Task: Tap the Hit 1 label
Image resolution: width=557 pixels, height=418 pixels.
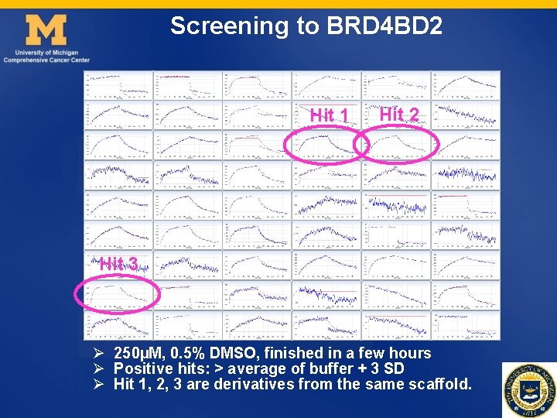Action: [330, 116]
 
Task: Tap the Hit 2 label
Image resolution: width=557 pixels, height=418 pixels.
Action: [399, 115]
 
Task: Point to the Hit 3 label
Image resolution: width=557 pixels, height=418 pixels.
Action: [118, 264]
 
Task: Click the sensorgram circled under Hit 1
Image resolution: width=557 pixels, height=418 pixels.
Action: [326, 146]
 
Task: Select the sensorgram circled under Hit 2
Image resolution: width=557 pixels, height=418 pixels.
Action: [395, 146]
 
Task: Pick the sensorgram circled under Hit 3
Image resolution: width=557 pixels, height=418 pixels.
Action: [118, 295]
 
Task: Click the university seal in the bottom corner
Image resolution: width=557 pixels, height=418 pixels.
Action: [528, 389]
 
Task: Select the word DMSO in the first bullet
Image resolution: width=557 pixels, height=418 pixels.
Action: [231, 353]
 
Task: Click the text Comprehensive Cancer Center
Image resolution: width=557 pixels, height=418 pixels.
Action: [46, 60]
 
